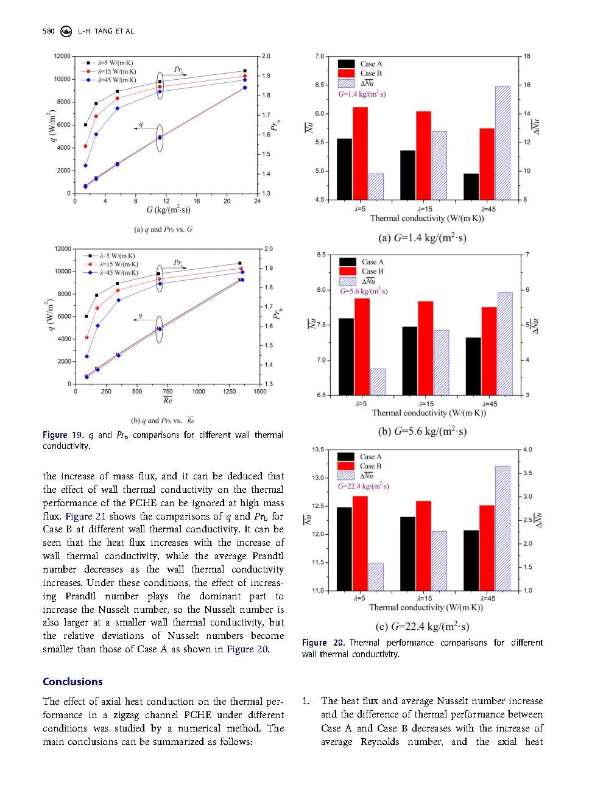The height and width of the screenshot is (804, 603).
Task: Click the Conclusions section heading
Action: click(72, 682)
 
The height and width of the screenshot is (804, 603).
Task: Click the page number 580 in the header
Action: click(49, 31)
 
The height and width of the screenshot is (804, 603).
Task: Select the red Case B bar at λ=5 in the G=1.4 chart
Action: click(360, 153)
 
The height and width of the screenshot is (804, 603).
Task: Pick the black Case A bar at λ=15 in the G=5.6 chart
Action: click(410, 361)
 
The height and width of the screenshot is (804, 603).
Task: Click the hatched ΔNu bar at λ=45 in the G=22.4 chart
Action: click(503, 528)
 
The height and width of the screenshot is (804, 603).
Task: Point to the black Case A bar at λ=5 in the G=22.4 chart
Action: click(344, 549)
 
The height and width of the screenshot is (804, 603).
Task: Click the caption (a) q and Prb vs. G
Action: click(163, 230)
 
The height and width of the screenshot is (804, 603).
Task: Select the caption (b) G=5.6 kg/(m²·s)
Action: click(422, 431)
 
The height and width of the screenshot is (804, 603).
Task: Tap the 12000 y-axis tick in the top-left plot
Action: click(62, 56)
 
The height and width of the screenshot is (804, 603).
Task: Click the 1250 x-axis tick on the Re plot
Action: click(229, 392)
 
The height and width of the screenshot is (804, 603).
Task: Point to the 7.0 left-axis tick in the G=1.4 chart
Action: click(320, 56)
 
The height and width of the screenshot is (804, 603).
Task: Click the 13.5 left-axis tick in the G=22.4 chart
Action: click(318, 450)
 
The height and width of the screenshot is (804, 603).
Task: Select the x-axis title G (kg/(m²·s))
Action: click(168, 210)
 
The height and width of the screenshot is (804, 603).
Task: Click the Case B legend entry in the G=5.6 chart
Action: click(372, 271)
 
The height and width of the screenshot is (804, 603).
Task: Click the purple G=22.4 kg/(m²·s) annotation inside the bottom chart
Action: click(364, 486)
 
